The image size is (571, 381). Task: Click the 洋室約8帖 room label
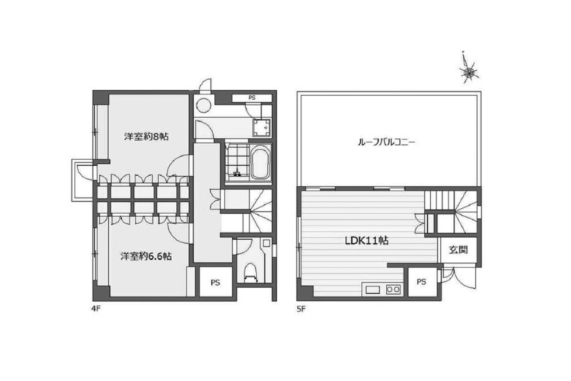146,136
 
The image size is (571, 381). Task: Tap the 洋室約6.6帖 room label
146,256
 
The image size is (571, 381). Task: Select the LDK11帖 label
366,241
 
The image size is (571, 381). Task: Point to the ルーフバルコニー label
386,142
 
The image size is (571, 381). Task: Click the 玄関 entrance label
458,250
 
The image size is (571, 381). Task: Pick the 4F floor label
95,309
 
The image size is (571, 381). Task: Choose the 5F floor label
301,309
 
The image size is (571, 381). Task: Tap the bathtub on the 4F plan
260,162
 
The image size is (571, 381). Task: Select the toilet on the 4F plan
251,272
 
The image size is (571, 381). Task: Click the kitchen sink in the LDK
372,290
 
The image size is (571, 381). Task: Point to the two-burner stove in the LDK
394,290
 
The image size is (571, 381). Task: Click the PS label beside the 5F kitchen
421,282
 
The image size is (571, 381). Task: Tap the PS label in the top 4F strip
252,98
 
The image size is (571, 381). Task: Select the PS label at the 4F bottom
215,283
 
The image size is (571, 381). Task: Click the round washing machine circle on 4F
203,106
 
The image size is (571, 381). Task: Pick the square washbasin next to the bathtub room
262,127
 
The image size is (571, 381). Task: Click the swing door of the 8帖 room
177,165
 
